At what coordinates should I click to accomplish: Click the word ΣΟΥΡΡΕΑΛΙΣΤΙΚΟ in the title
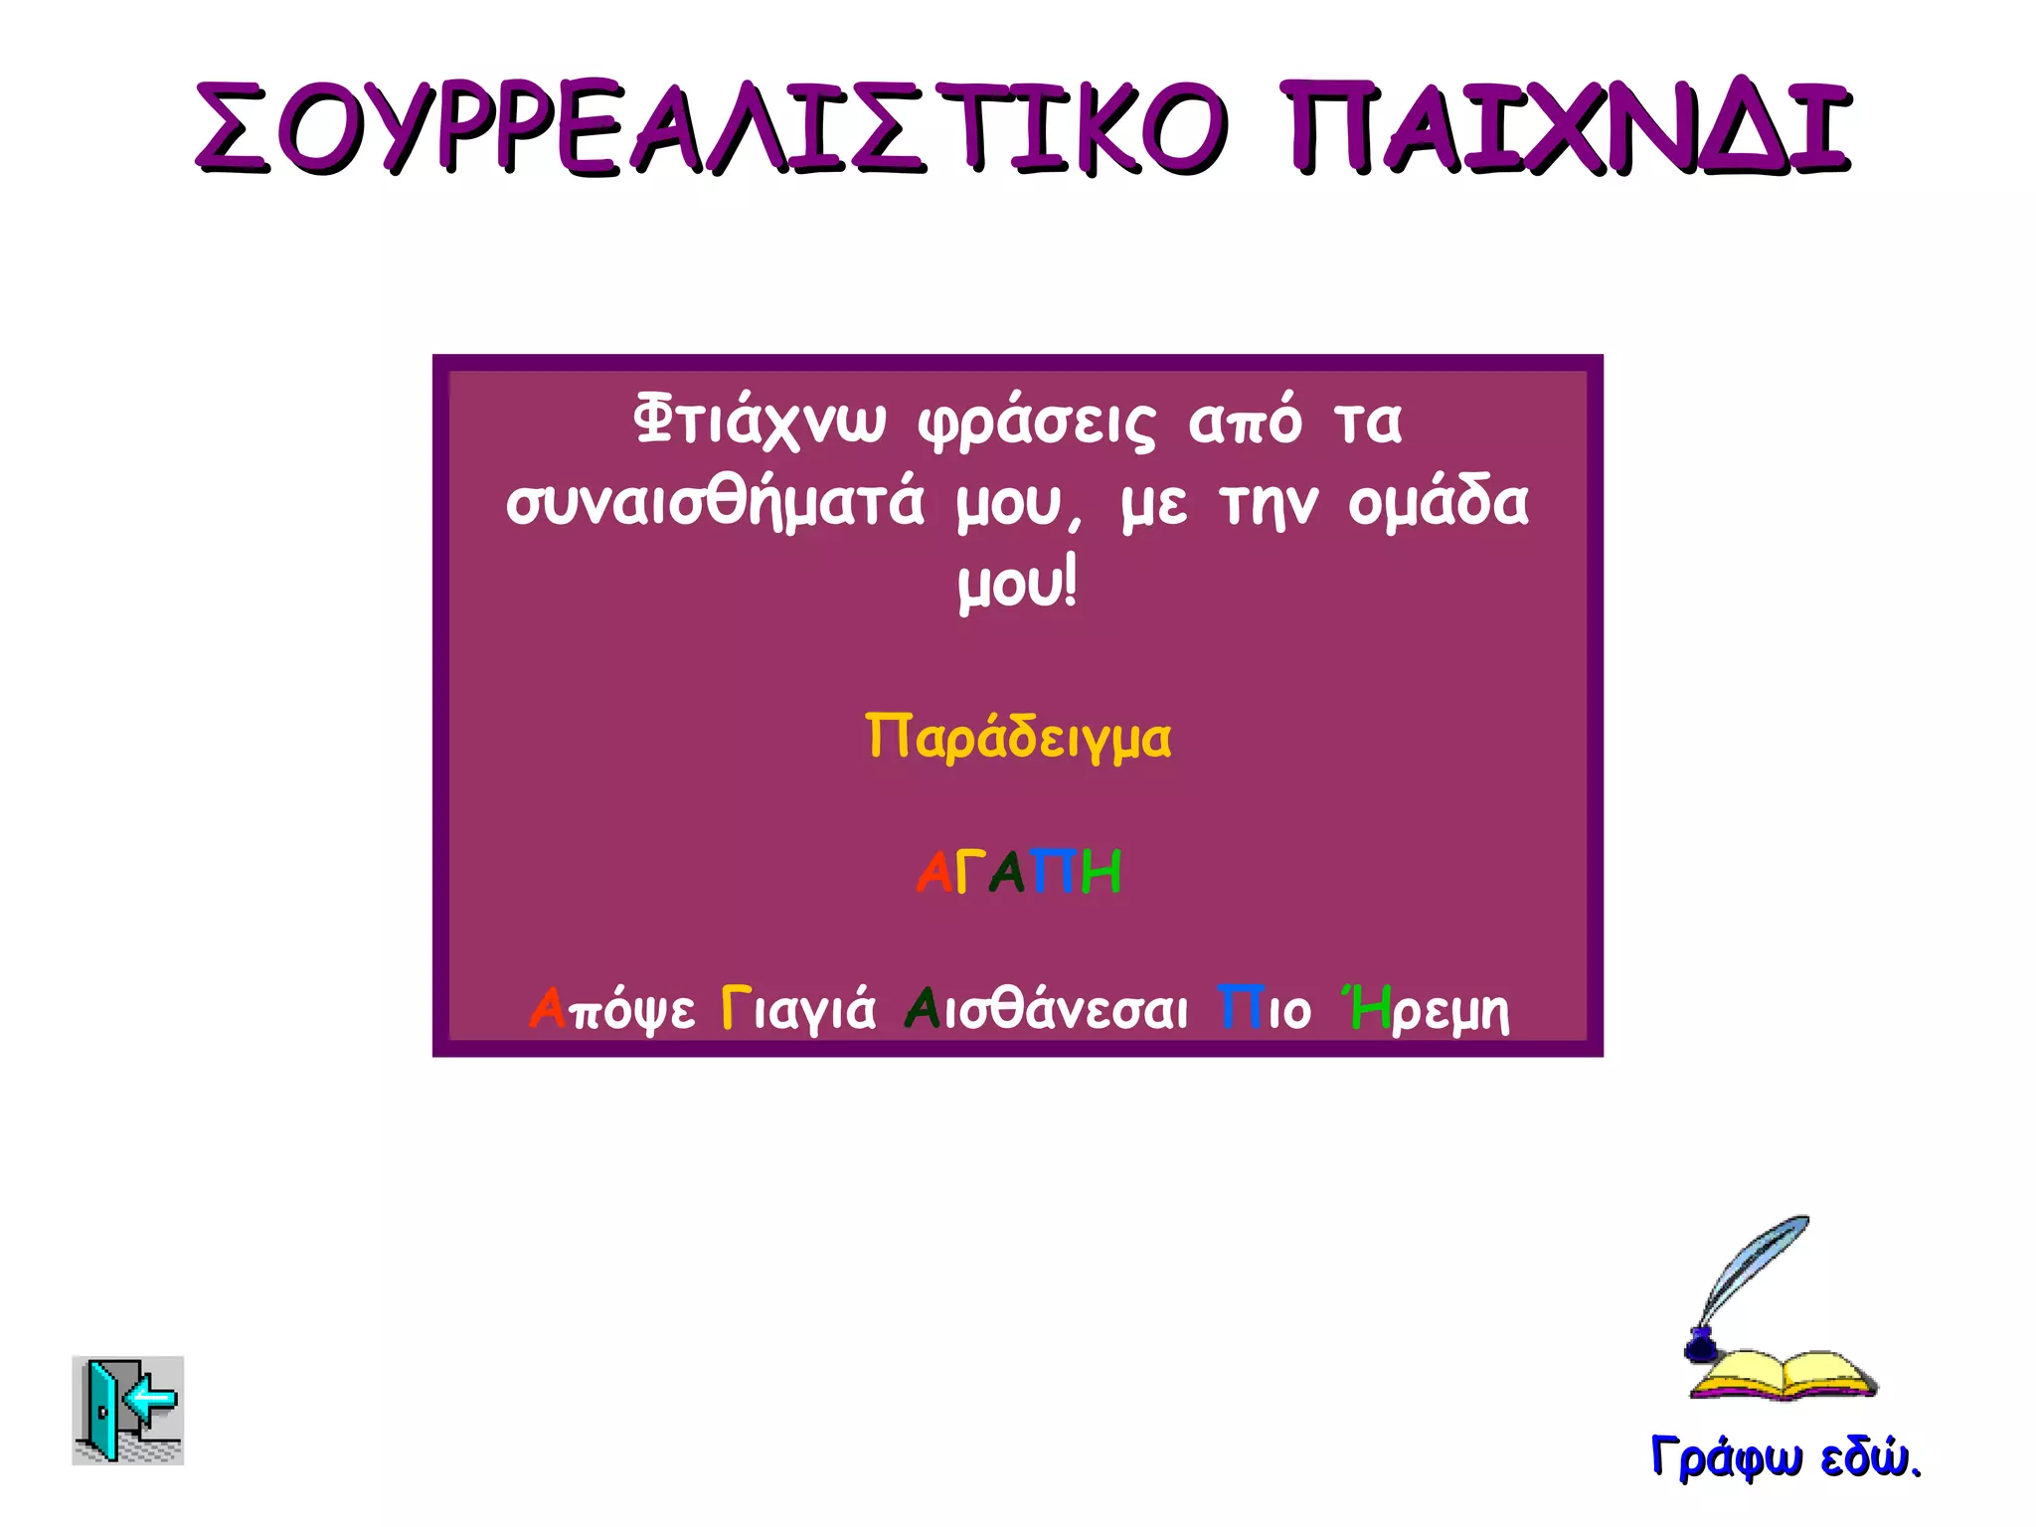(x=711, y=129)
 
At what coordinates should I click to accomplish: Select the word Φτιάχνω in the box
(x=759, y=422)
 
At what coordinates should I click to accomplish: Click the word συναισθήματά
(x=715, y=503)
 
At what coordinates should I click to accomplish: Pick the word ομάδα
(x=1438, y=503)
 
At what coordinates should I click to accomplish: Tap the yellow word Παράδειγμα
(x=1018, y=738)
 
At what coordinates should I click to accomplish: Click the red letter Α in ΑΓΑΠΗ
(x=934, y=873)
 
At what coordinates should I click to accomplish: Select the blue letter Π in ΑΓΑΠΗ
(x=1054, y=873)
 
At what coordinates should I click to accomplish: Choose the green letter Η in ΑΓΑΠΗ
(x=1101, y=873)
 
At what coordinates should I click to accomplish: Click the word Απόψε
(x=612, y=1010)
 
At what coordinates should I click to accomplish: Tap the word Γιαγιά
(x=798, y=1010)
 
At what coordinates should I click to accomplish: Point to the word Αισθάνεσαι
(x=1046, y=1010)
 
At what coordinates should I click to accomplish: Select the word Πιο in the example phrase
(x=1265, y=1010)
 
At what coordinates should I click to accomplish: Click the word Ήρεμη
(x=1428, y=1010)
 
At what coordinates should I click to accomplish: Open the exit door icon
(x=127, y=1410)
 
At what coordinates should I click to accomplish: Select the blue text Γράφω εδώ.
(x=1784, y=1457)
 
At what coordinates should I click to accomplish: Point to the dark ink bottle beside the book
(x=1700, y=1347)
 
